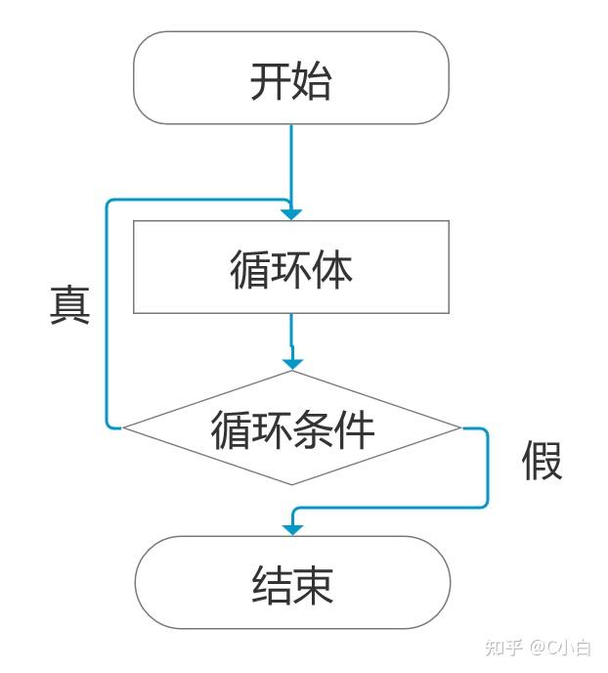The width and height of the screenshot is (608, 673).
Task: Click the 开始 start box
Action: (290, 77)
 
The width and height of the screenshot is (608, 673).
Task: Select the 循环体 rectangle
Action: (290, 266)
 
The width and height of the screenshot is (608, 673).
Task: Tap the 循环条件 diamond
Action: (291, 427)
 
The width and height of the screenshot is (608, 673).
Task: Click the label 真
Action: (70, 305)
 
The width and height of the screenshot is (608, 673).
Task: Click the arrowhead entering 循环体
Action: (291, 213)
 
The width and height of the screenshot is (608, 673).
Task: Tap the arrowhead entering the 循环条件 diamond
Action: (291, 363)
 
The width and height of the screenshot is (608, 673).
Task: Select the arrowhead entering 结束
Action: (291, 529)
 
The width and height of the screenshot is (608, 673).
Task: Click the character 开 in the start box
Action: (270, 81)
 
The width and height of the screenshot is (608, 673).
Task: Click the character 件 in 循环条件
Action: (354, 428)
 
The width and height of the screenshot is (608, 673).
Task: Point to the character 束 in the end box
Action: (313, 585)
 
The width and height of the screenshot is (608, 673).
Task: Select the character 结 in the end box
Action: (271, 585)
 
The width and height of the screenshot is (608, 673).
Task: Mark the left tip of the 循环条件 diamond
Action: (123, 427)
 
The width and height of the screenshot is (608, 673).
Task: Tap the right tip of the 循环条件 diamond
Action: (459, 427)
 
